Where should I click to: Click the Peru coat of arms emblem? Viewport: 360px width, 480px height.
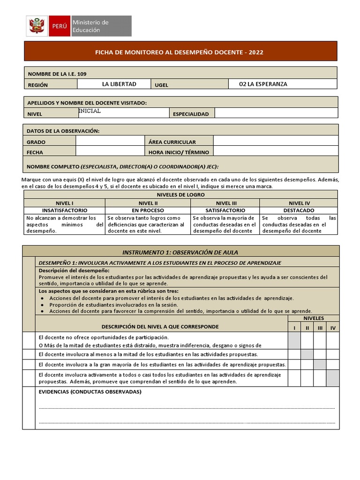(36, 26)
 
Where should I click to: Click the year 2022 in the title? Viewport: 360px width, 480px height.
(256, 52)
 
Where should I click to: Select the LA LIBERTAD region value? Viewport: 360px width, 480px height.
(119, 84)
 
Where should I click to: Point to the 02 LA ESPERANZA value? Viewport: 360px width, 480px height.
(263, 84)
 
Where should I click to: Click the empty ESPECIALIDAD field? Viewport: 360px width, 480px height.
(276, 113)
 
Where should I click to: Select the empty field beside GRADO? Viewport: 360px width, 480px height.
(110, 141)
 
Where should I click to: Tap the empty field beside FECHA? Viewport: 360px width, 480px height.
(110, 151)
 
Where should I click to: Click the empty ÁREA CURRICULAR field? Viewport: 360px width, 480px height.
(275, 141)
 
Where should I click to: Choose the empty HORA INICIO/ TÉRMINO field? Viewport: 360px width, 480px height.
(275, 151)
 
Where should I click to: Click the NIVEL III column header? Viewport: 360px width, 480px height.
(225, 202)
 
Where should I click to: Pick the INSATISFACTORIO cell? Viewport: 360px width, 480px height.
(65, 210)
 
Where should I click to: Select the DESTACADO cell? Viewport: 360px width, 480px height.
(299, 210)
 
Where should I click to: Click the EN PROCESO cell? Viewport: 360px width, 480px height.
(148, 210)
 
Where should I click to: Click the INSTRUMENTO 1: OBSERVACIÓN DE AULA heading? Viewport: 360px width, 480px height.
(180, 252)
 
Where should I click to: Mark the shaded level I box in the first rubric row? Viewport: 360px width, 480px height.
(294, 341)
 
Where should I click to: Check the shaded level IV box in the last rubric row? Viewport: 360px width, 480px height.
(333, 378)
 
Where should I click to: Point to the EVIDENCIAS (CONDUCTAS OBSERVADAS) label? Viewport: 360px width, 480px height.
(90, 392)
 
